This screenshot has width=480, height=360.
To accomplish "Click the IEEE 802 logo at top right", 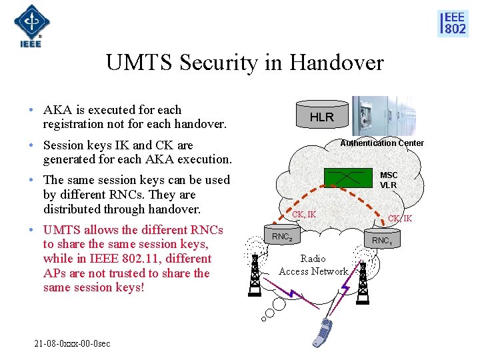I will [x=453, y=23].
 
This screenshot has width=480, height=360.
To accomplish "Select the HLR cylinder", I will [x=321, y=116].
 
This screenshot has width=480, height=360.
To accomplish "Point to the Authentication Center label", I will [x=382, y=143].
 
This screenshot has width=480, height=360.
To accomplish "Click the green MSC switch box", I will [x=347, y=176].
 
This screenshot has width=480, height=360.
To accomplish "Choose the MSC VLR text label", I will [x=388, y=180].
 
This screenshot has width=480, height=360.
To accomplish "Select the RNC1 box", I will [x=382, y=240].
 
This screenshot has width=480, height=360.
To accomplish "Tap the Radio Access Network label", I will [x=313, y=265].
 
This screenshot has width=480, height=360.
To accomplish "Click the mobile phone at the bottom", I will [x=325, y=333].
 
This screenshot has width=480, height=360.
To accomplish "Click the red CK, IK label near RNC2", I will [x=304, y=215].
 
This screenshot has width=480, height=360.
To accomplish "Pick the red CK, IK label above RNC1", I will [x=400, y=219].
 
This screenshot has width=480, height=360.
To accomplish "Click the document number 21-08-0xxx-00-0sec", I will [x=73, y=343].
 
